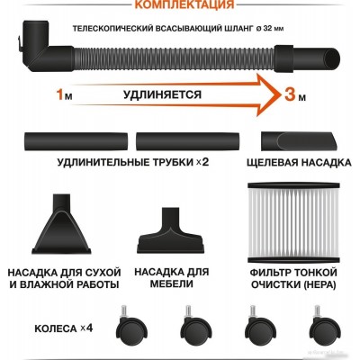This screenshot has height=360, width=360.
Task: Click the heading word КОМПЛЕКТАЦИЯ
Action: pyautogui.click(x=184, y=4)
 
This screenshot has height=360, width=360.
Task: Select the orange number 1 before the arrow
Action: pyautogui.click(x=60, y=95)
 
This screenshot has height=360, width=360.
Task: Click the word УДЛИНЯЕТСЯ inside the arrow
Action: pyautogui.click(x=162, y=94)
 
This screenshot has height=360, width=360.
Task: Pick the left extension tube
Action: pyautogui.click(x=76, y=141)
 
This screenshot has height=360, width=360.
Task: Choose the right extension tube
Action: pyautogui.click(x=187, y=141)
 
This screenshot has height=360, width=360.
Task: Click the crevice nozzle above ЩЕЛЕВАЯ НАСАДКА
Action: pyautogui.click(x=301, y=141)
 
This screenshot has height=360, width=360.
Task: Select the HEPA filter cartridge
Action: pyautogui.click(x=293, y=222)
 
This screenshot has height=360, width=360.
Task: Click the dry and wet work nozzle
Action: pyautogui.click(x=61, y=224)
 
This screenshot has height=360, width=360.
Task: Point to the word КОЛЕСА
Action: pyautogui.click(x=56, y=328)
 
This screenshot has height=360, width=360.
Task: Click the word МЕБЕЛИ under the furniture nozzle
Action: pyautogui.click(x=171, y=283)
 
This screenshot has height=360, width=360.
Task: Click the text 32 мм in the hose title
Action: pyautogui.click(x=273, y=29)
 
